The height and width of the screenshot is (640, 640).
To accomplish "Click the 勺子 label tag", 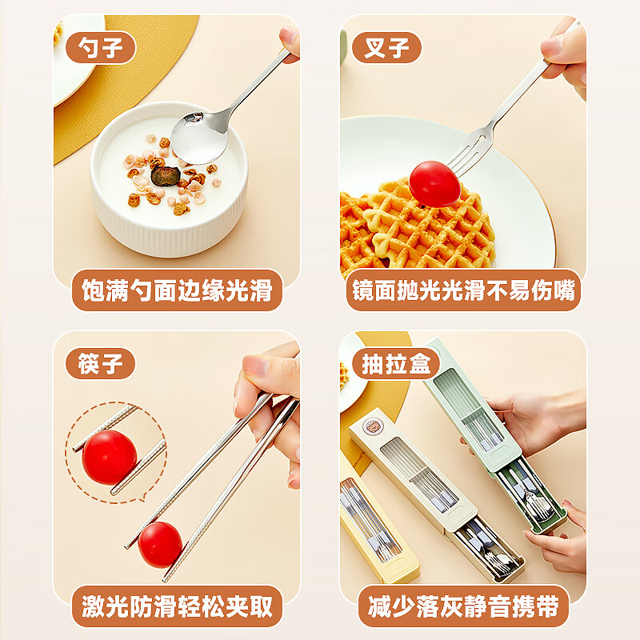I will pos(100,48).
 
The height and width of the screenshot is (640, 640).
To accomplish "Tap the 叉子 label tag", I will pos(386,48).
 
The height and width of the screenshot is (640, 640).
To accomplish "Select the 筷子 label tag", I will pos(100,364).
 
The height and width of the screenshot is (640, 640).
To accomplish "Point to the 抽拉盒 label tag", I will pos(395,364).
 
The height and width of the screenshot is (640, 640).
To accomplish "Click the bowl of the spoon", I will pos(198,138).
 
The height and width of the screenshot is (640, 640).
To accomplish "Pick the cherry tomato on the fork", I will pos(434,182).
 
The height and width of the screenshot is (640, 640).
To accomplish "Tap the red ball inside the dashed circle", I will pos(109,457).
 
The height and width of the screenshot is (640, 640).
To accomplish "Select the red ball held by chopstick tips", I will pos(160,544).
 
